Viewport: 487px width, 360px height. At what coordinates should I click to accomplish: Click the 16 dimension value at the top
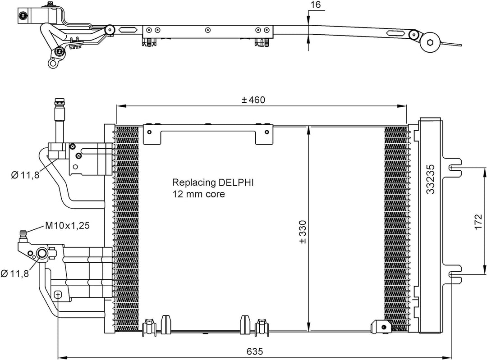[315, 5]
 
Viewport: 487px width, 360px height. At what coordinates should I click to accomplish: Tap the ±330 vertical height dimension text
[303, 232]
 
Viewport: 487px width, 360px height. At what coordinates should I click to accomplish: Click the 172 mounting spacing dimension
[479, 220]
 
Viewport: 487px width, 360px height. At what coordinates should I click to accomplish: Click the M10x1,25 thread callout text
[67, 225]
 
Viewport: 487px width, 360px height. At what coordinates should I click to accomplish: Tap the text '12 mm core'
[198, 194]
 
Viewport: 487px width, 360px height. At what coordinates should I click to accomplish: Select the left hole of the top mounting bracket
[150, 132]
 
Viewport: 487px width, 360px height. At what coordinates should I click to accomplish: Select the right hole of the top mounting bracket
[267, 132]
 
